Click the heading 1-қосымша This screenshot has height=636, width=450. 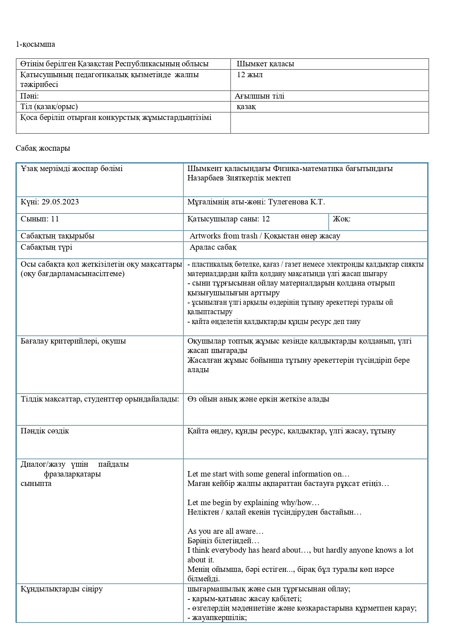[x=36, y=45]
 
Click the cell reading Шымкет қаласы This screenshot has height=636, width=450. [x=265, y=64]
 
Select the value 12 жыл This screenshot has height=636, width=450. [x=249, y=75]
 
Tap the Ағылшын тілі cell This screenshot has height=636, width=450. [x=259, y=96]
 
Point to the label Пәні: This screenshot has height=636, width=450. [x=29, y=96]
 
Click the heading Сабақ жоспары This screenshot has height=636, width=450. [x=43, y=149]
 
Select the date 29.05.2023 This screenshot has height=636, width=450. [x=60, y=202]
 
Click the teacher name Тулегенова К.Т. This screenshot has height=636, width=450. [x=296, y=202]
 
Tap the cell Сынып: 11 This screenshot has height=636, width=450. [x=40, y=219]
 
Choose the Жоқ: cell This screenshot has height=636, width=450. [x=342, y=219]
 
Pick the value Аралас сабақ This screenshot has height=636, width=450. [x=213, y=248]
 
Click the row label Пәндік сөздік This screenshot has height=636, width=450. [x=45, y=431]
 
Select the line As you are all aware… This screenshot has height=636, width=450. [x=225, y=532]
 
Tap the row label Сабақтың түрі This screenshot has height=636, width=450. [x=46, y=248]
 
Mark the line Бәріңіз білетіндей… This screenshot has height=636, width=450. [x=223, y=541]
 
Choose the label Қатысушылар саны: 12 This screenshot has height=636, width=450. [x=228, y=219]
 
